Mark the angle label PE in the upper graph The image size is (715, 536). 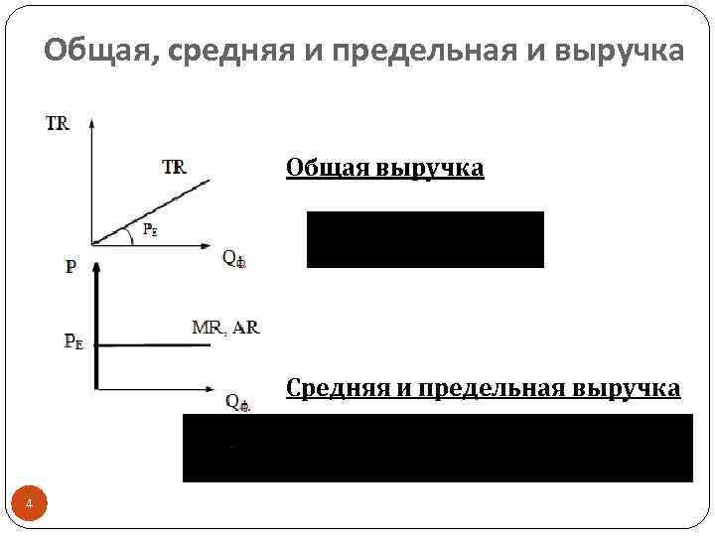149,229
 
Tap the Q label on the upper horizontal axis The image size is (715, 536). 234,258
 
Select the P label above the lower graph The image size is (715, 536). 71,267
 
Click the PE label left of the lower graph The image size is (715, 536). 73,341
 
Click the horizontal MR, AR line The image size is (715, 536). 154,345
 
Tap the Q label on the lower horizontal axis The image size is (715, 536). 237,402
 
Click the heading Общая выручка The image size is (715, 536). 384,168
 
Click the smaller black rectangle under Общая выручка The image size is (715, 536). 425,239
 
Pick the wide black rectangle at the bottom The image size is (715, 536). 437,448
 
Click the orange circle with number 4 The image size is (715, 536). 29,505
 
